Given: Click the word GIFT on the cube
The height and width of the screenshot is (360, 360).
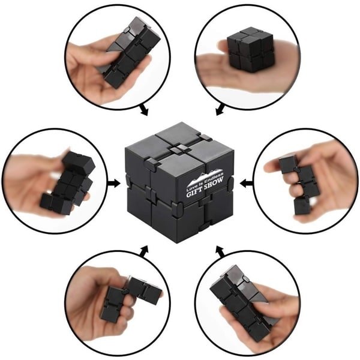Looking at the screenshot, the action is point(194,192).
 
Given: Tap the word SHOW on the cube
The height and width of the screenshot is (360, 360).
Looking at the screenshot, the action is point(214,183).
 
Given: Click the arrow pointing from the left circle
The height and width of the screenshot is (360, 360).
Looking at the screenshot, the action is point(114,183).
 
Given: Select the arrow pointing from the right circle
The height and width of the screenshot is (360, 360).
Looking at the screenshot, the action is point(247,184).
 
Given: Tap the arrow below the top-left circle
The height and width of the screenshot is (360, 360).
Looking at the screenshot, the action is point(143,110).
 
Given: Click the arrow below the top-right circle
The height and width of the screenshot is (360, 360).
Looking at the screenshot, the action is point(220,110).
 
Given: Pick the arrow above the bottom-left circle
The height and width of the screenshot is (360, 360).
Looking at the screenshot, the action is point(143,251).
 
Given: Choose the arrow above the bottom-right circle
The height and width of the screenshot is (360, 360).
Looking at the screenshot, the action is point(220,251).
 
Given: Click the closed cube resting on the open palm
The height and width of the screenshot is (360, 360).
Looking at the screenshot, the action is point(250,49).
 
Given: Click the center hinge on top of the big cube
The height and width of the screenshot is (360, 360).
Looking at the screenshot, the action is point(178,149).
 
